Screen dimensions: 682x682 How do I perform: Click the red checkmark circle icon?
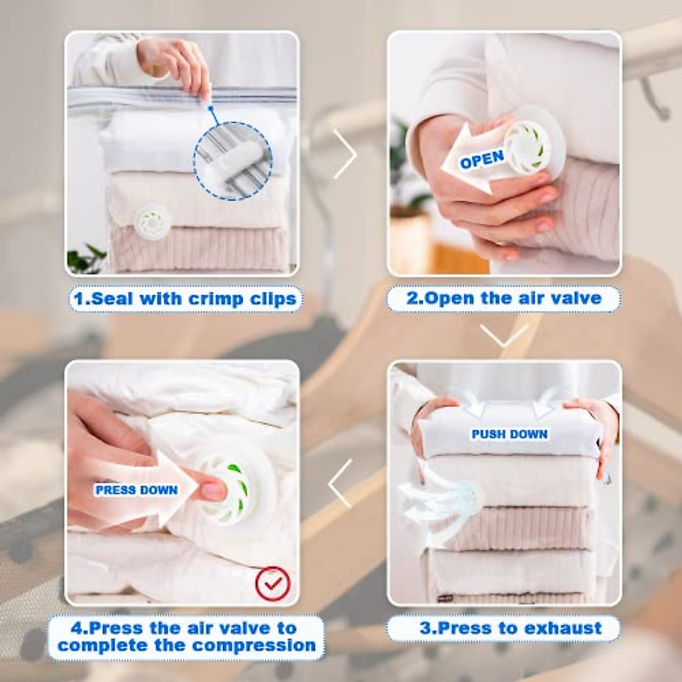click(x=272, y=584)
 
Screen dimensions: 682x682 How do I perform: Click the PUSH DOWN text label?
click(x=509, y=434)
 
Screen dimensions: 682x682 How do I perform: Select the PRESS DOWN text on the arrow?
click(x=136, y=490)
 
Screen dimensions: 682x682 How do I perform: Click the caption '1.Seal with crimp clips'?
click(x=185, y=299)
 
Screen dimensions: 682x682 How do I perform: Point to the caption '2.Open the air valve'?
click(x=504, y=298)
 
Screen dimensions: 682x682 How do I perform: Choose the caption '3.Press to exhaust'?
click(x=510, y=628)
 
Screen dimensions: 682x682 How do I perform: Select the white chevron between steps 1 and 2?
click(x=345, y=154)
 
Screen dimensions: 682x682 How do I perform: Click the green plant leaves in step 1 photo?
click(x=85, y=259)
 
